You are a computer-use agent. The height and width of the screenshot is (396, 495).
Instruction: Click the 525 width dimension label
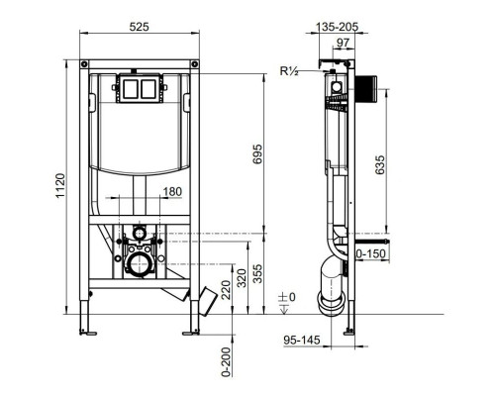point(139,27)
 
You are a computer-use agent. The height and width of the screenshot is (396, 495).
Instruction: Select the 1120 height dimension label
point(60,186)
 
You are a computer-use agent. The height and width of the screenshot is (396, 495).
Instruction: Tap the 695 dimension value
point(257,153)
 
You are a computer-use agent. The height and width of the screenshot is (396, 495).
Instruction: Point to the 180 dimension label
point(172,191)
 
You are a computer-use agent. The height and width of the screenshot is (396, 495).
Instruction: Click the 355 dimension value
point(257,273)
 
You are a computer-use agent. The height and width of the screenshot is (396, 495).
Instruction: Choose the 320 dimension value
point(242,278)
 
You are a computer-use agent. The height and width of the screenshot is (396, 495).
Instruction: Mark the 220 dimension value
point(227,290)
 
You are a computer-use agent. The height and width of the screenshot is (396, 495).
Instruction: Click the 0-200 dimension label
point(227,361)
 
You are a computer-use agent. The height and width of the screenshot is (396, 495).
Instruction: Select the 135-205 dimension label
point(337,27)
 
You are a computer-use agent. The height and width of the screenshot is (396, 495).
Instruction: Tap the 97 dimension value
point(344,43)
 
